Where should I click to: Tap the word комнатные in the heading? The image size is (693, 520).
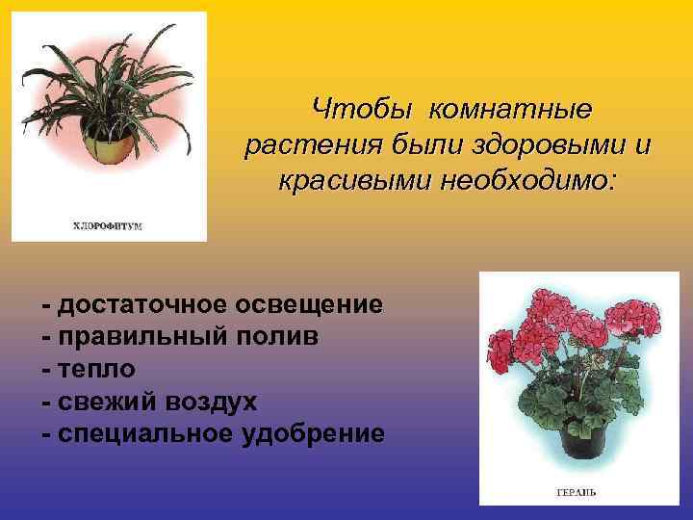click(x=511, y=111)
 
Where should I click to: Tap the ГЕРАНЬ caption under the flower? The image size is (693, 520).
click(x=576, y=492)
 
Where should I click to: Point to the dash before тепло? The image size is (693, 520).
click(x=47, y=370)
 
